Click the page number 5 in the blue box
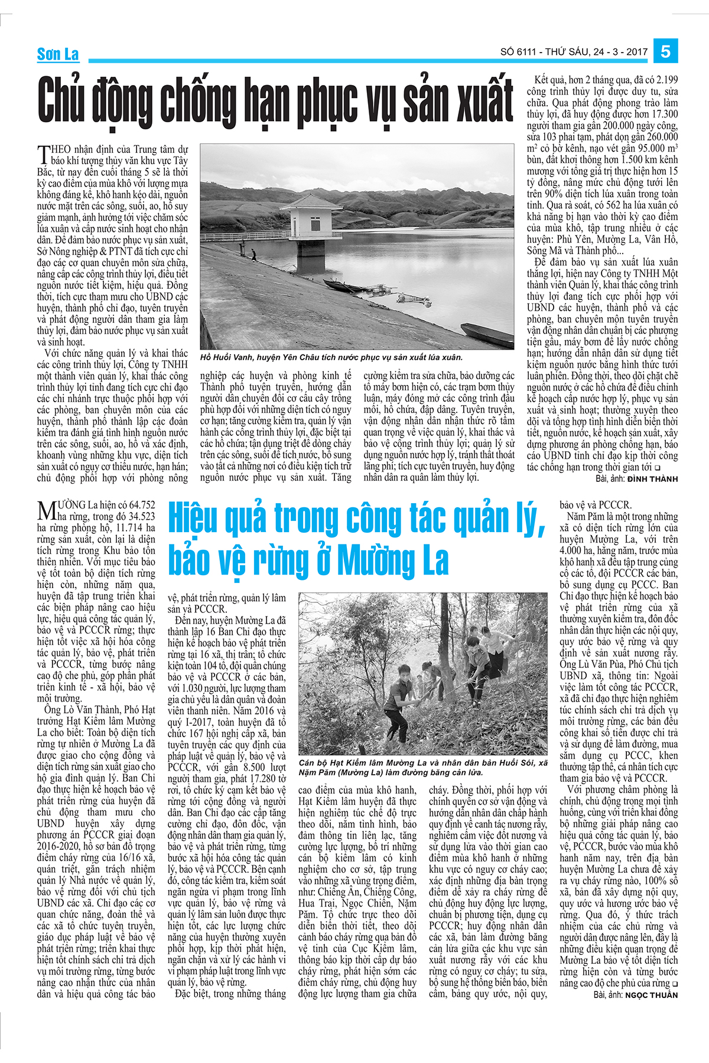[x=665, y=51]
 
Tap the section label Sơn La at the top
[x=58, y=55]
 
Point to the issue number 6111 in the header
[x=526, y=52]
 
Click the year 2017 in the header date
[x=636, y=52]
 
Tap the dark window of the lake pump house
[x=316, y=224]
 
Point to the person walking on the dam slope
[x=253, y=255]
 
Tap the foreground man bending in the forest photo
[x=403, y=703]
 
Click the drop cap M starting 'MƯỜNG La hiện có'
[x=46, y=511]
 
